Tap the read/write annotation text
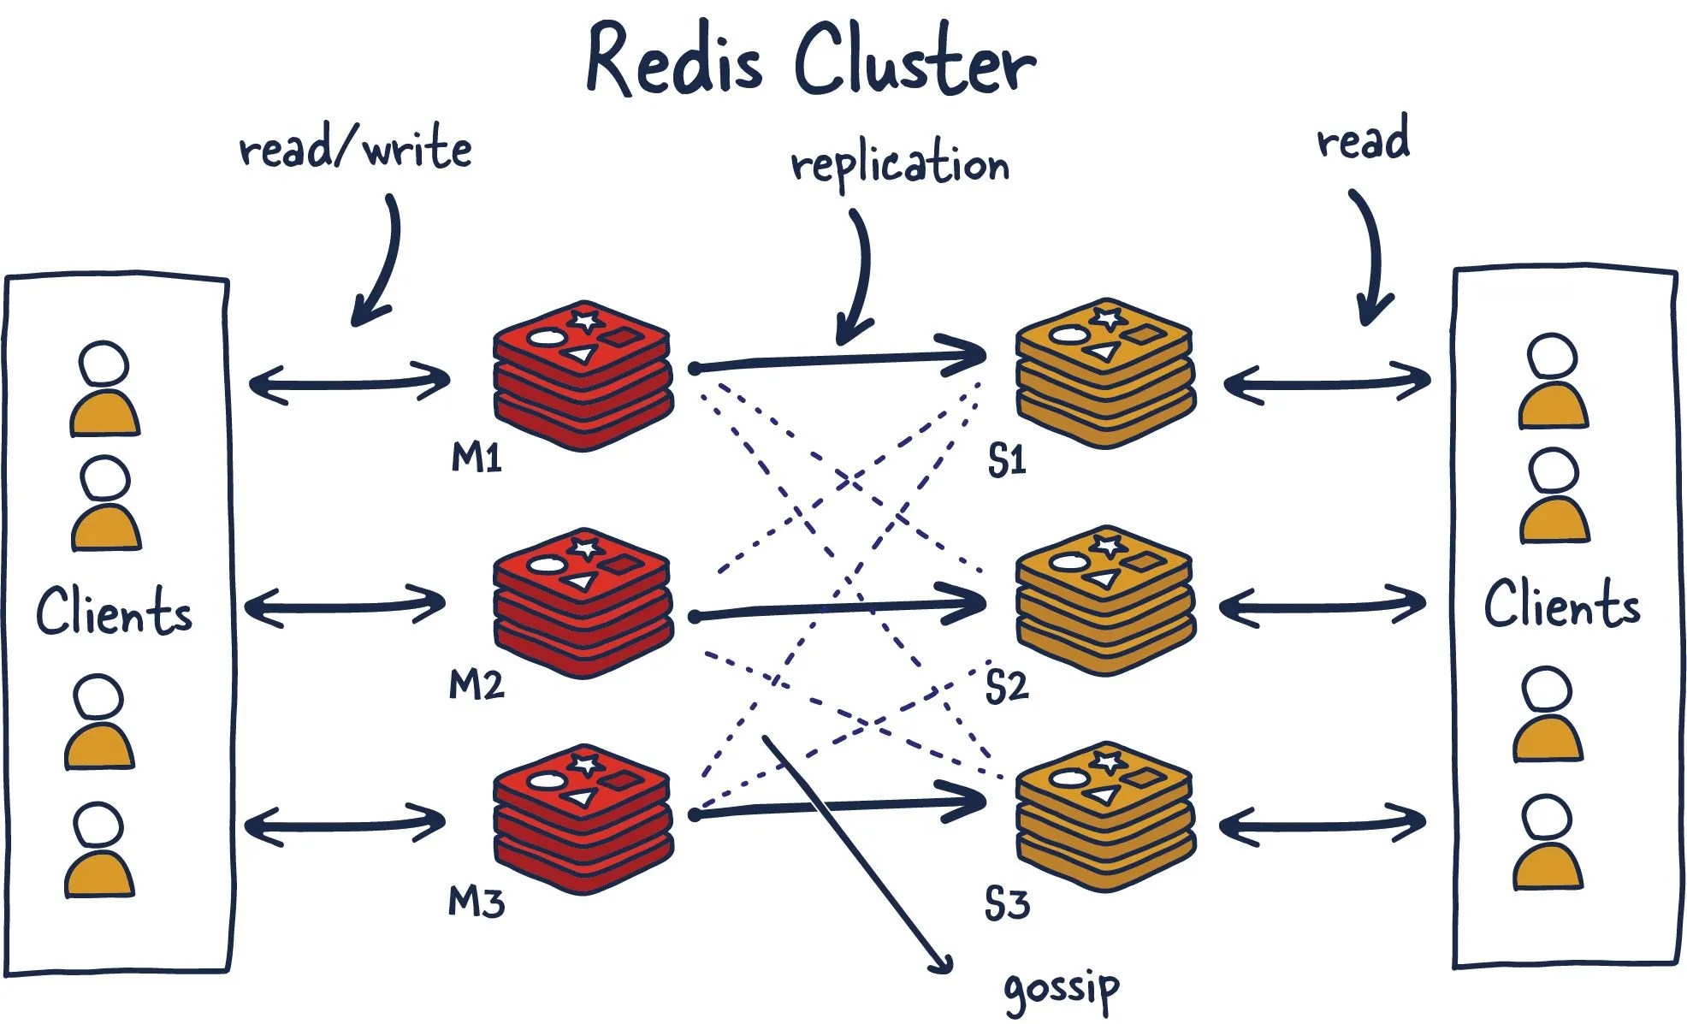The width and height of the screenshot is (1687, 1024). click(x=355, y=150)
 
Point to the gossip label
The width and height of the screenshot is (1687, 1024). click(x=1061, y=990)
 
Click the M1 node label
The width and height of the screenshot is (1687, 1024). click(x=476, y=459)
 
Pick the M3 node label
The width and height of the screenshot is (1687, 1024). click(x=476, y=903)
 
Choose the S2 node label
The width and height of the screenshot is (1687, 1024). click(x=1006, y=687)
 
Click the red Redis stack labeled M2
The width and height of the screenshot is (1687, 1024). click(x=583, y=603)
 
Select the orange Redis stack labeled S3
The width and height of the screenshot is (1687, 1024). click(x=1104, y=817)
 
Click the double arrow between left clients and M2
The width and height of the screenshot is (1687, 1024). click(x=345, y=607)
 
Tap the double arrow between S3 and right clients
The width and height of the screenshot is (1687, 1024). click(x=1322, y=825)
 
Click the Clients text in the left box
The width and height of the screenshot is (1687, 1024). click(x=114, y=611)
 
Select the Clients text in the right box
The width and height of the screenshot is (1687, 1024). click(x=1561, y=604)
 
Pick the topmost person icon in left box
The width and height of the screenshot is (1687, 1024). click(x=104, y=389)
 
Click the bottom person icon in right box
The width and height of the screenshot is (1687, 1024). click(x=1548, y=843)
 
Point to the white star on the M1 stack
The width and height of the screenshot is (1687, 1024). click(x=586, y=321)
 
